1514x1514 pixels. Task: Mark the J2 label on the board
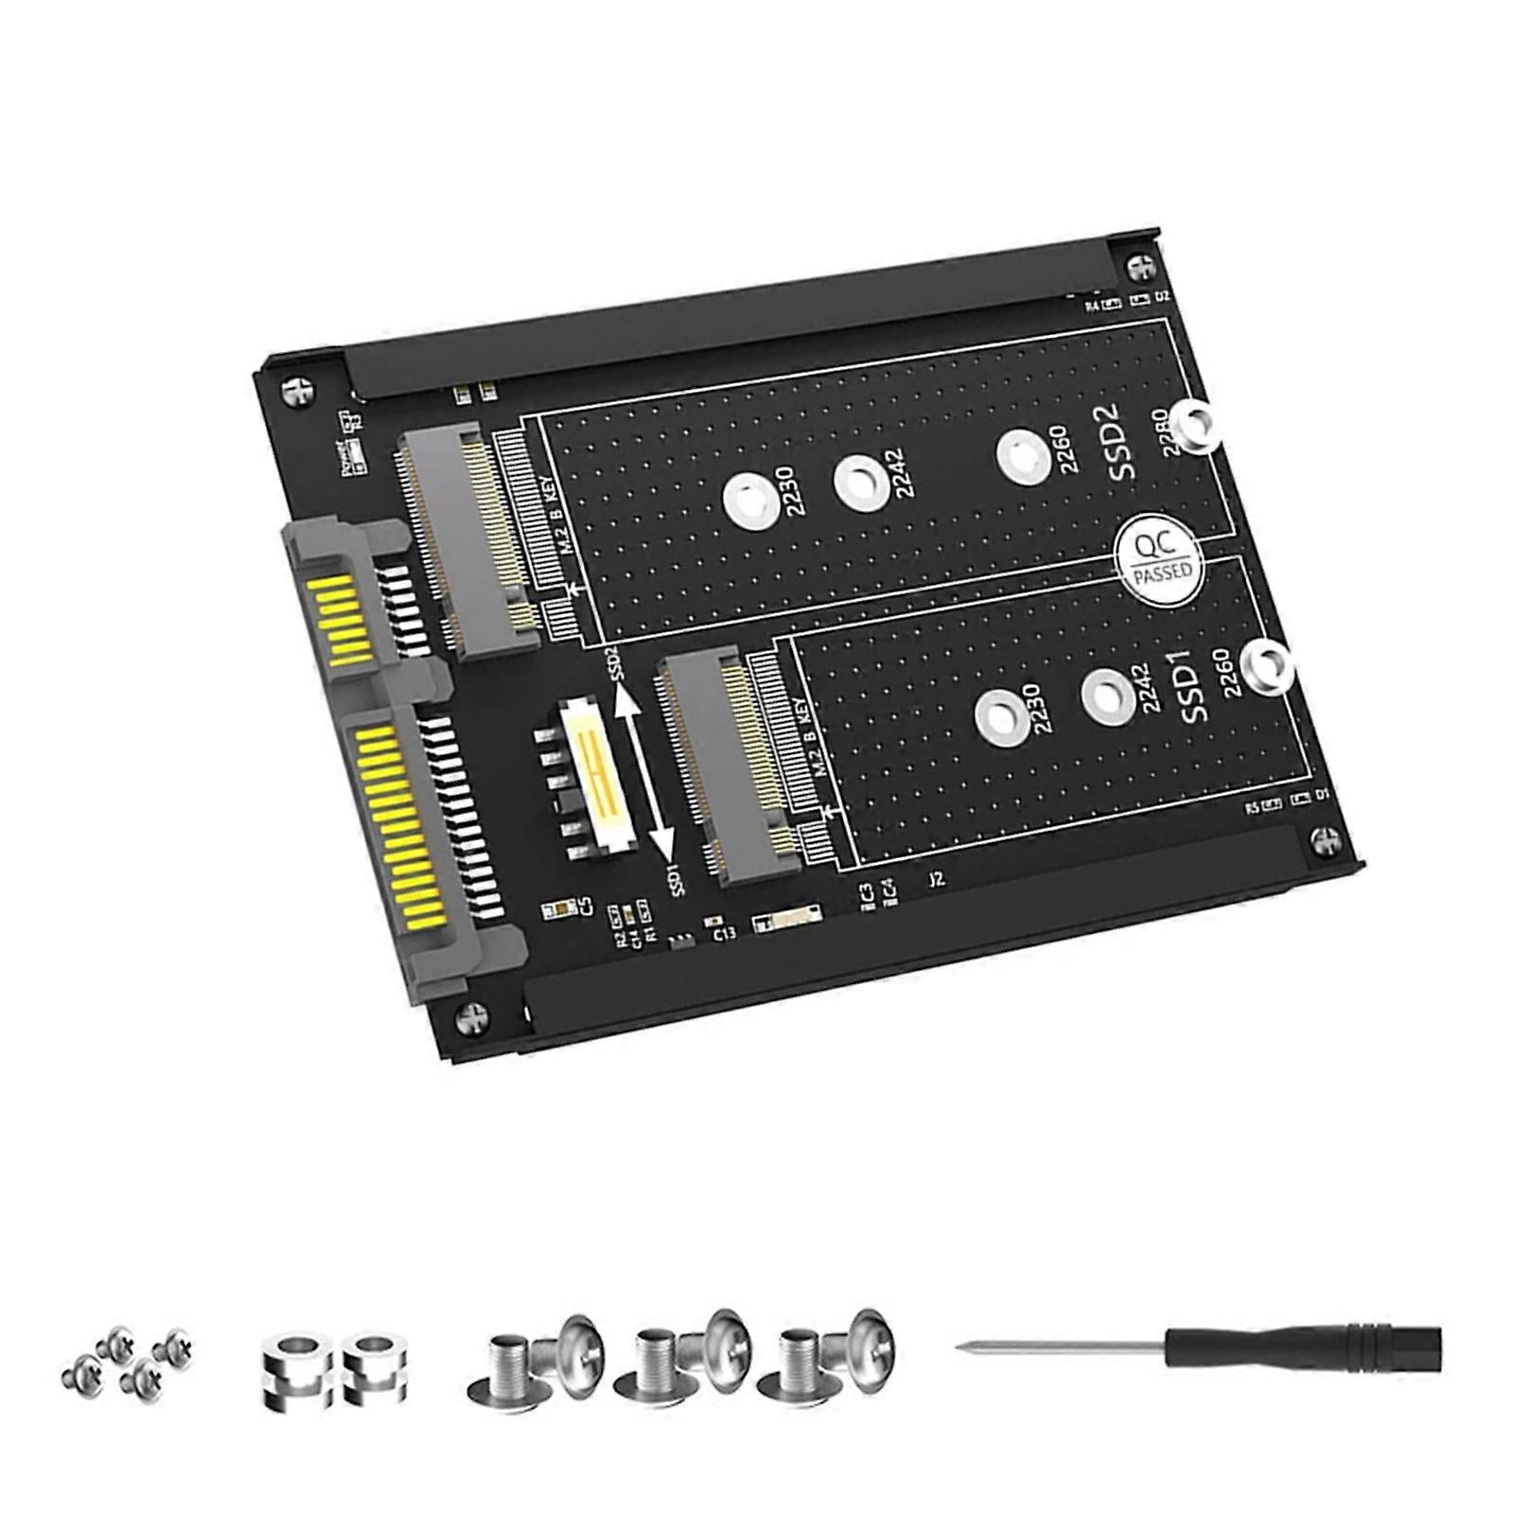(x=936, y=879)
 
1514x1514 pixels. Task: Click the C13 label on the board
(x=724, y=934)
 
